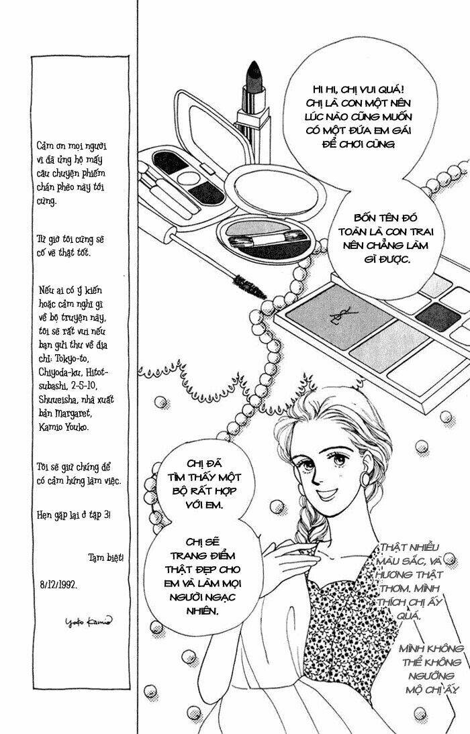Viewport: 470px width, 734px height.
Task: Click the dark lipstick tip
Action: [255, 71]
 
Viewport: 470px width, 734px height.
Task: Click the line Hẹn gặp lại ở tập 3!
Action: [75, 515]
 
